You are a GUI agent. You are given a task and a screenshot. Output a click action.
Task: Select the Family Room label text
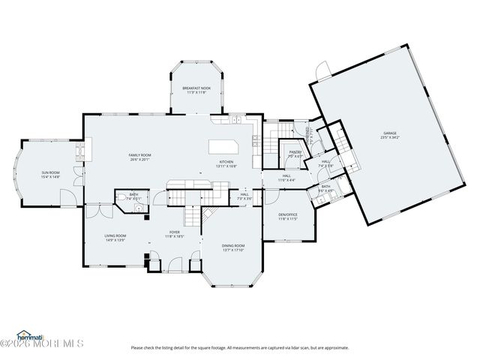[x=139, y=154]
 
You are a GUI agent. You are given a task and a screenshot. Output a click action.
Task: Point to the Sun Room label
[x=50, y=173]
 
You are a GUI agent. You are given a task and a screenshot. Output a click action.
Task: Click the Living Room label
[x=115, y=235]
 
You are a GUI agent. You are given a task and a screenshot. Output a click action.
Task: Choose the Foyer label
[x=174, y=232]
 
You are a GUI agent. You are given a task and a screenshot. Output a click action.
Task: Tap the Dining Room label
[x=233, y=246]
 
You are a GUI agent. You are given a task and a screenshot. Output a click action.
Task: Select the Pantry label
[x=295, y=152]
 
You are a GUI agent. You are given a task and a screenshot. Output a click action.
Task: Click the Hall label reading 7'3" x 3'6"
[x=244, y=199]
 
